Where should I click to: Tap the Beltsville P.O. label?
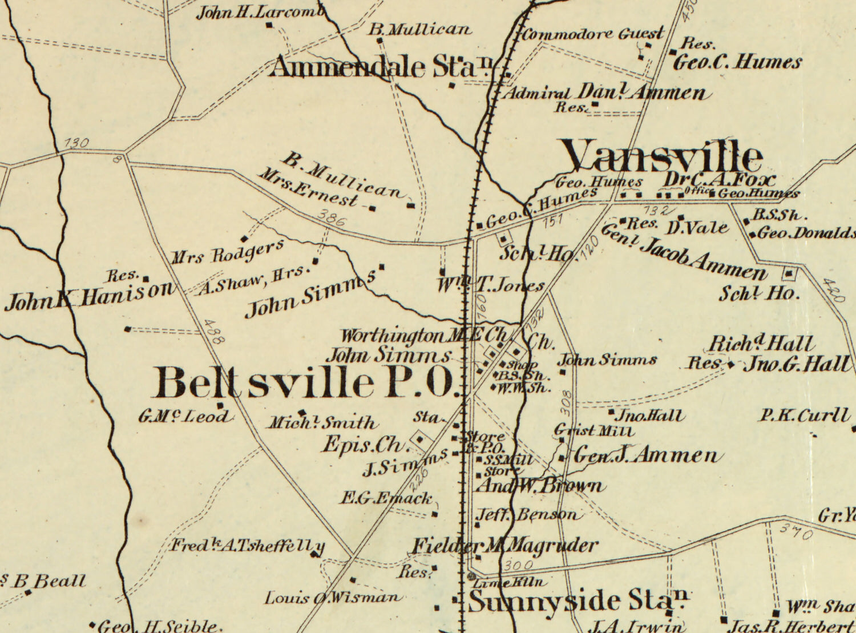click(x=307, y=382)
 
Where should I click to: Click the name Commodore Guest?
click(x=592, y=34)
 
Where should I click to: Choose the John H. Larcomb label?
click(x=260, y=13)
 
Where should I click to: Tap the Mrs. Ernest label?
click(x=308, y=188)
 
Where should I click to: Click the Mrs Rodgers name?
click(x=228, y=253)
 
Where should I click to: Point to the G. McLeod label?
click(x=184, y=417)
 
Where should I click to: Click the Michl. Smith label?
click(x=323, y=423)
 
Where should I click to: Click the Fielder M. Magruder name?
click(x=504, y=546)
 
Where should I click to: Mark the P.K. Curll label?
click(x=803, y=415)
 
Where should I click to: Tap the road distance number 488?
click(x=213, y=331)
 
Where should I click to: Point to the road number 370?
click(x=796, y=532)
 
